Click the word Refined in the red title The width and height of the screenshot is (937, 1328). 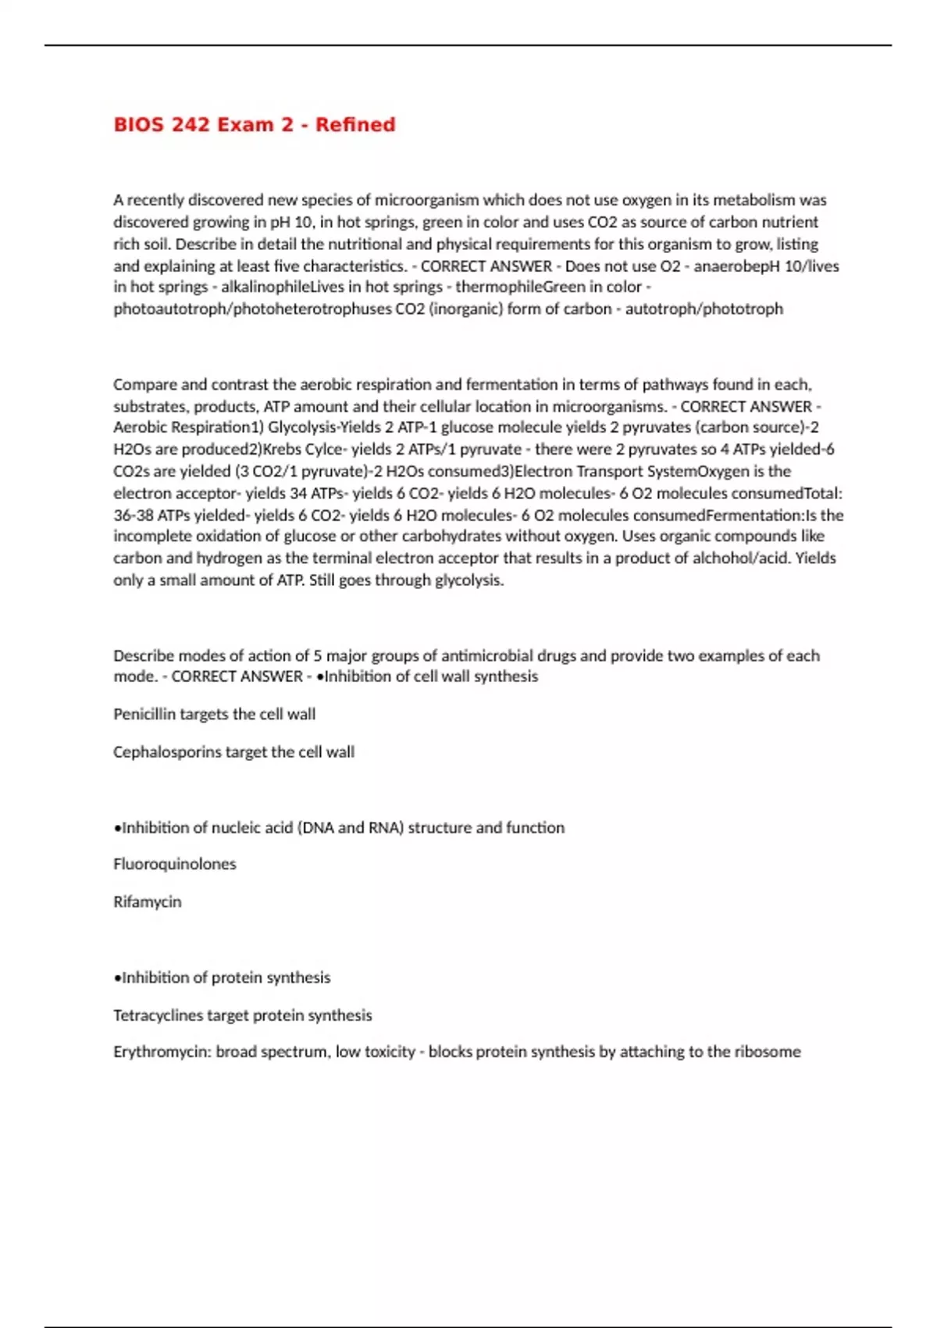355,125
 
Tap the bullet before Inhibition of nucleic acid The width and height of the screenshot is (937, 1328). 117,828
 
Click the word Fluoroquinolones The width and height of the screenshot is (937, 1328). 174,864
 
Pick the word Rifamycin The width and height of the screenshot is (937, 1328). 147,901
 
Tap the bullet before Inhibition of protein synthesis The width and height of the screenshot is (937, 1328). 117,978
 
